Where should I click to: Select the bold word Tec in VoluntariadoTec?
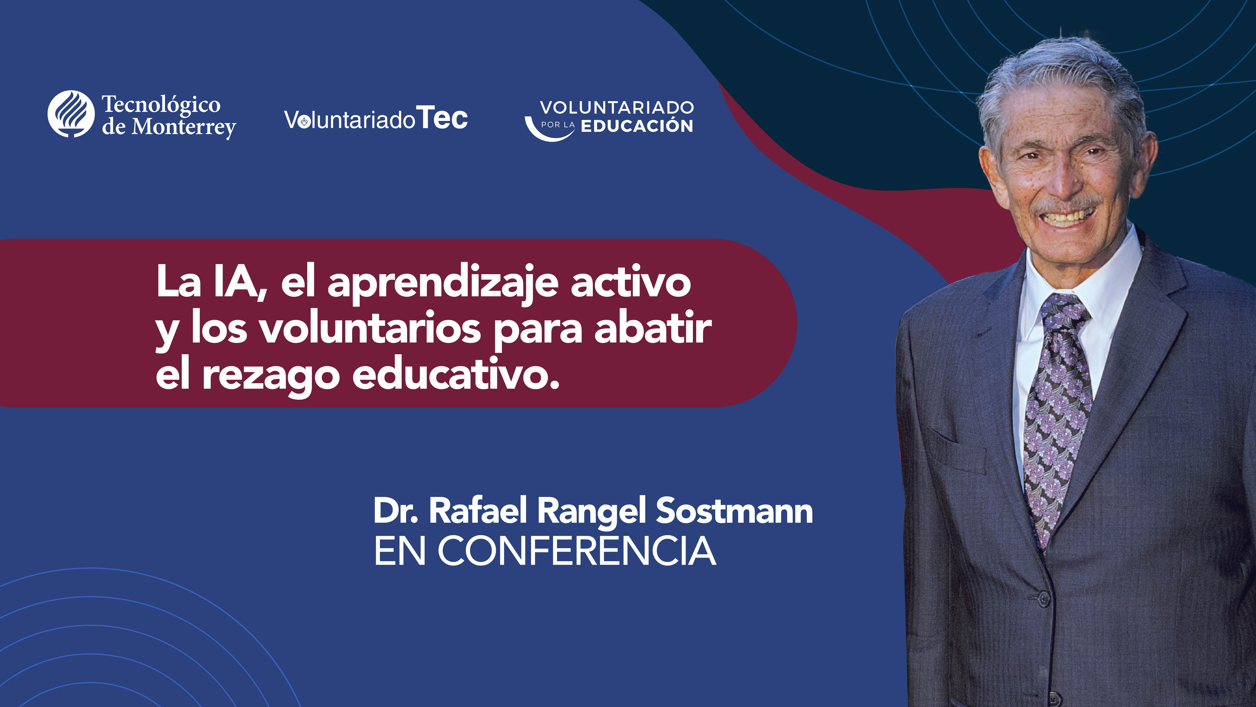(x=443, y=119)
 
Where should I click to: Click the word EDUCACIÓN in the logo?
(x=637, y=126)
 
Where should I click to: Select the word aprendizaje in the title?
(x=443, y=284)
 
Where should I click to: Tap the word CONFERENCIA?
(x=577, y=551)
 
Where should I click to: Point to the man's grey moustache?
(x=1065, y=204)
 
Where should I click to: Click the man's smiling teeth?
(x=1068, y=216)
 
